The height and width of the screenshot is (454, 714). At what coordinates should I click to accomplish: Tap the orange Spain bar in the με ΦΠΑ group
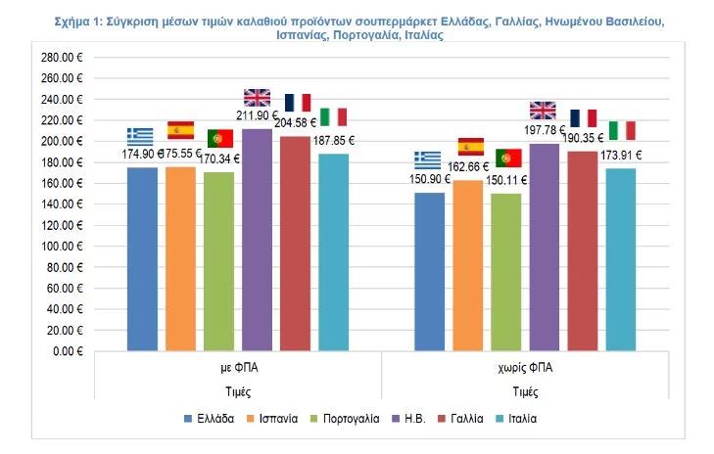point(180,258)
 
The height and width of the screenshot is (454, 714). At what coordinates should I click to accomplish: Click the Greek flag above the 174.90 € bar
point(140,136)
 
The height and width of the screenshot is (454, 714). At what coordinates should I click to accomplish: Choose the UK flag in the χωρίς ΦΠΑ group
point(543,109)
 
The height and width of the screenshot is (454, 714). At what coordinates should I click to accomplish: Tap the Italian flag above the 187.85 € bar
point(334,116)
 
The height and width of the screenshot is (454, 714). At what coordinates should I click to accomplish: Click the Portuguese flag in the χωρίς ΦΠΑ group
point(508,158)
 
